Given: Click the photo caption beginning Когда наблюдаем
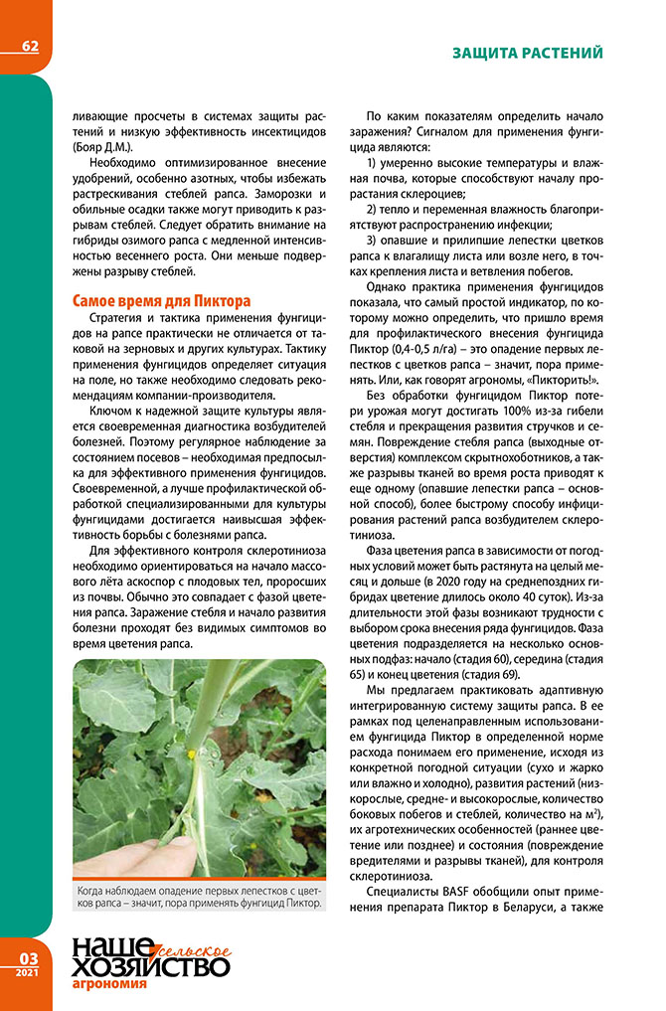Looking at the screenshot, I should pos(200,898).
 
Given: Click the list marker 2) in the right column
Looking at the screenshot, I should pos(373,210).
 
